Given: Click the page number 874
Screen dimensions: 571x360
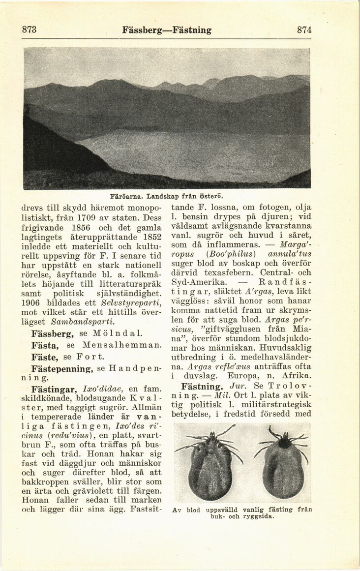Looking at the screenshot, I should click(304, 30).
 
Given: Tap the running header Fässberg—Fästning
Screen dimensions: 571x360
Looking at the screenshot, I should click(167, 30).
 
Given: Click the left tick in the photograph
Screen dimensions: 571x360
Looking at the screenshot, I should click(210, 462).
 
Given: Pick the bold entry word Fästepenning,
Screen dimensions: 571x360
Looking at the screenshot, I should click(62, 368).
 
